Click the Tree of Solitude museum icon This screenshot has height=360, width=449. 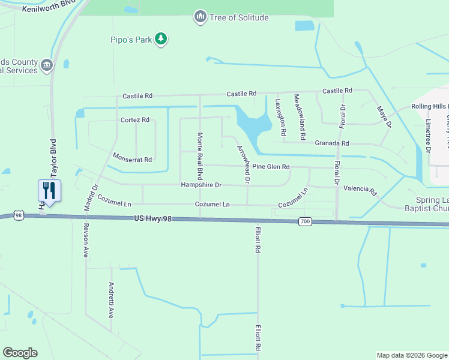tap(200, 17)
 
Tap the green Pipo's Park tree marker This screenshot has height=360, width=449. tap(160, 40)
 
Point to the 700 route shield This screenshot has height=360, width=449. tap(305, 222)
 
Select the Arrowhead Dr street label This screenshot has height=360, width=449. tap(243, 164)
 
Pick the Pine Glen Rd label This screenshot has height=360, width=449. tap(271, 167)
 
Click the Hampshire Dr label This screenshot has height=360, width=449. tap(201, 185)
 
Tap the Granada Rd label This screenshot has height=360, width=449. tap(332, 143)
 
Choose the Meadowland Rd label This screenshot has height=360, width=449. tap(299, 113)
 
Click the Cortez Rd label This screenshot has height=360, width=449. tap(134, 120)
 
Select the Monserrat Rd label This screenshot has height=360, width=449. tap(132, 157)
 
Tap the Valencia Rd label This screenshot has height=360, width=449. tap(360, 190)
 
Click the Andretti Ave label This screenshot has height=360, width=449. tap(111, 300)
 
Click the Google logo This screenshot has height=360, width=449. tap(20, 353)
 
